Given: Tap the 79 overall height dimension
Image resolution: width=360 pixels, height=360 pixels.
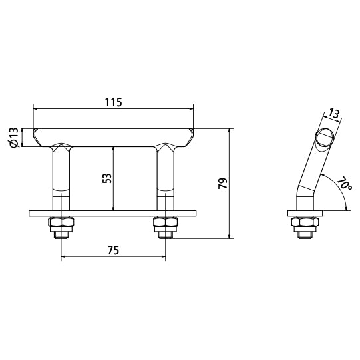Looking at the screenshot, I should (223, 183).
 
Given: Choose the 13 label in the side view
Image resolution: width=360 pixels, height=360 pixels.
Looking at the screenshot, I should (335, 114).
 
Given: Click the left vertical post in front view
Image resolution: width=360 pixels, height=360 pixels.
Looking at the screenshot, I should (61, 180).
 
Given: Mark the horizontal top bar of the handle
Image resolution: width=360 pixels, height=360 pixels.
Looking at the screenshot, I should (114, 137).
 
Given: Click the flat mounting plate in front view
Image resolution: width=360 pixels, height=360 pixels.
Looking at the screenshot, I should (113, 214).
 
